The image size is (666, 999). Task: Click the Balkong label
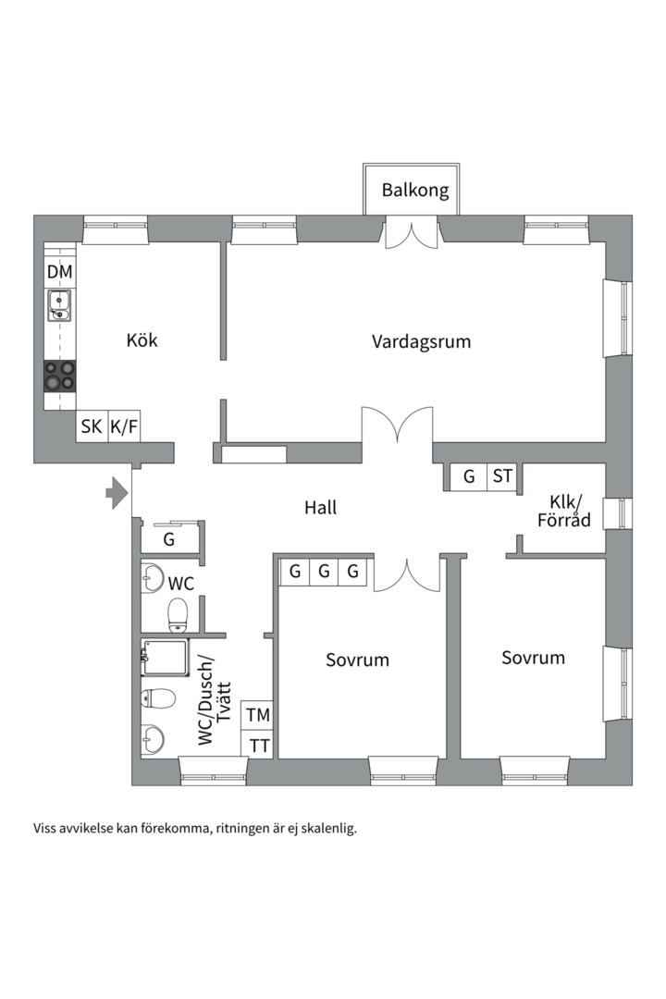click(415, 191)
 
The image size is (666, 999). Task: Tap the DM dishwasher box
click(60, 273)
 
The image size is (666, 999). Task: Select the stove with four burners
click(60, 375)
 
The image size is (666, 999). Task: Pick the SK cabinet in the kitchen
click(92, 426)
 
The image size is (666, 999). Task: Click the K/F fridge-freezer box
click(124, 426)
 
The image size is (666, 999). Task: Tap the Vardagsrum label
click(421, 341)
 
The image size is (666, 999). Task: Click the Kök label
click(142, 340)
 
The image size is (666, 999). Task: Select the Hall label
click(321, 508)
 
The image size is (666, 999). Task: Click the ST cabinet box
click(502, 476)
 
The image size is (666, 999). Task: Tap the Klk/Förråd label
click(564, 511)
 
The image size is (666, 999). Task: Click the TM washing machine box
click(258, 715)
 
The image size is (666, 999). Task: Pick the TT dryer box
click(258, 745)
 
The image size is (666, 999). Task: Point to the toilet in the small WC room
click(177, 613)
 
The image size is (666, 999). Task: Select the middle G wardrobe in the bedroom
click(324, 572)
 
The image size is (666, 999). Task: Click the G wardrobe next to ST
click(469, 476)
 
